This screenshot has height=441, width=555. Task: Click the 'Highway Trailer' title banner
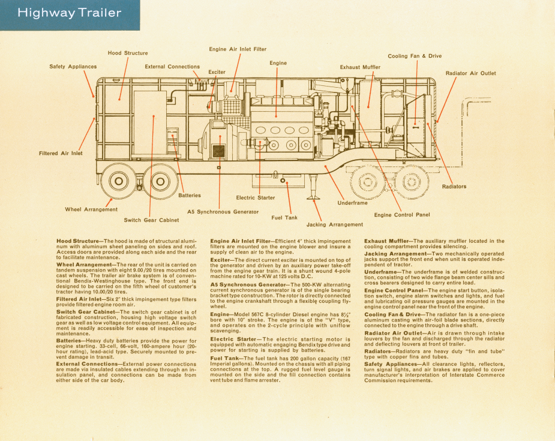click(70, 15)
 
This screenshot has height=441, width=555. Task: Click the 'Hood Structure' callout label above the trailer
click(128, 53)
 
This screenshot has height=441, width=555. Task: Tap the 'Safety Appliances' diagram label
click(73, 66)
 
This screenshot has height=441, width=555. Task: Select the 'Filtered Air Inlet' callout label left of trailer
click(61, 153)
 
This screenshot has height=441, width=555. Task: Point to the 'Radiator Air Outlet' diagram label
click(470, 73)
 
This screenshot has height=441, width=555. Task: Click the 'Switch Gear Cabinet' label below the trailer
click(151, 220)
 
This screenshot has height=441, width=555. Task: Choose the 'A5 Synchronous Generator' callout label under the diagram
click(223, 211)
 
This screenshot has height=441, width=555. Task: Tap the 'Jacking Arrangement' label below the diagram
click(334, 224)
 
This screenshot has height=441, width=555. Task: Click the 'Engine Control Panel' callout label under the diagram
click(402, 214)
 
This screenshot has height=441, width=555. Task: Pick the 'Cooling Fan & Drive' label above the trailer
click(415, 56)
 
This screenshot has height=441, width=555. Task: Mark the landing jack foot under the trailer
click(313, 196)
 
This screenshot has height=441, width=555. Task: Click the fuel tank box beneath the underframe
click(278, 181)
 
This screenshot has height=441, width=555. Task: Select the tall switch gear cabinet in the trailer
click(150, 123)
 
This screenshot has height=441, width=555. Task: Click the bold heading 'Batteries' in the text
click(68, 341)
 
